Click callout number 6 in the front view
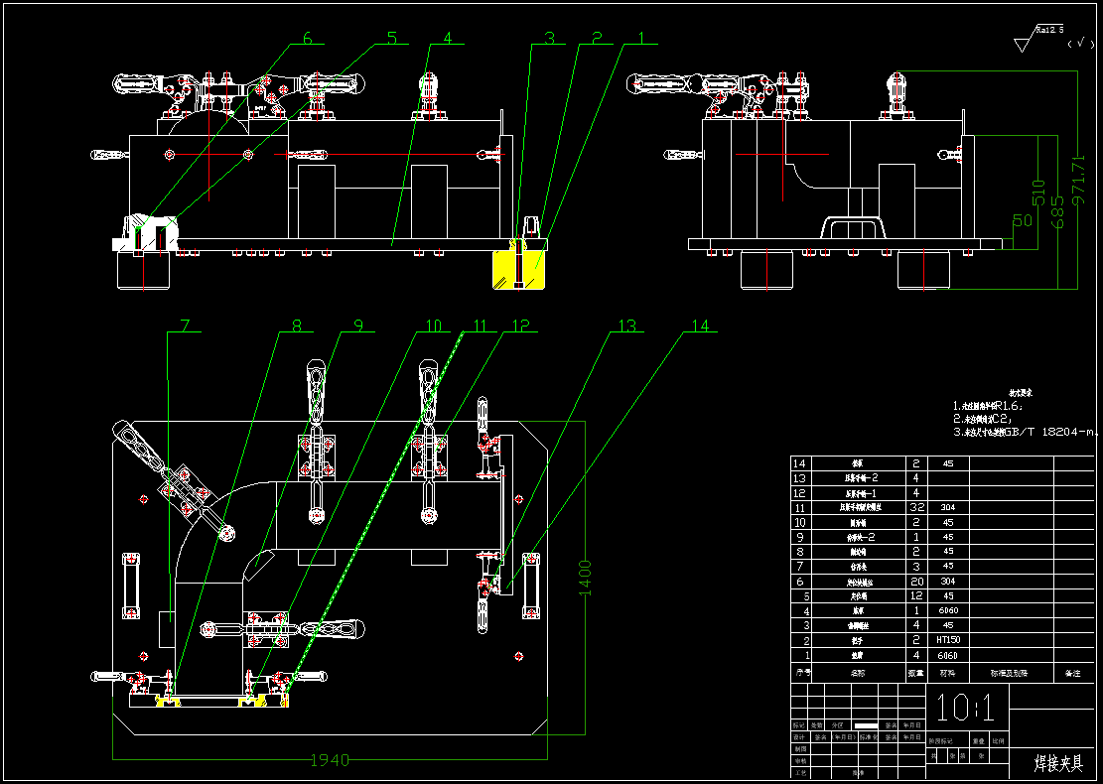(307, 39)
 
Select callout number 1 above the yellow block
(641, 39)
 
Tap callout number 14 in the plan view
(701, 326)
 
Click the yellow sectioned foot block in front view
(519, 269)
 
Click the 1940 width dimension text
(330, 760)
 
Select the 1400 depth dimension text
(586, 578)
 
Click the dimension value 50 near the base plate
(1022, 220)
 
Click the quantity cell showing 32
(915, 507)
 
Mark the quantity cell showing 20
(915, 581)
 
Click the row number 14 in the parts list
(800, 463)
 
